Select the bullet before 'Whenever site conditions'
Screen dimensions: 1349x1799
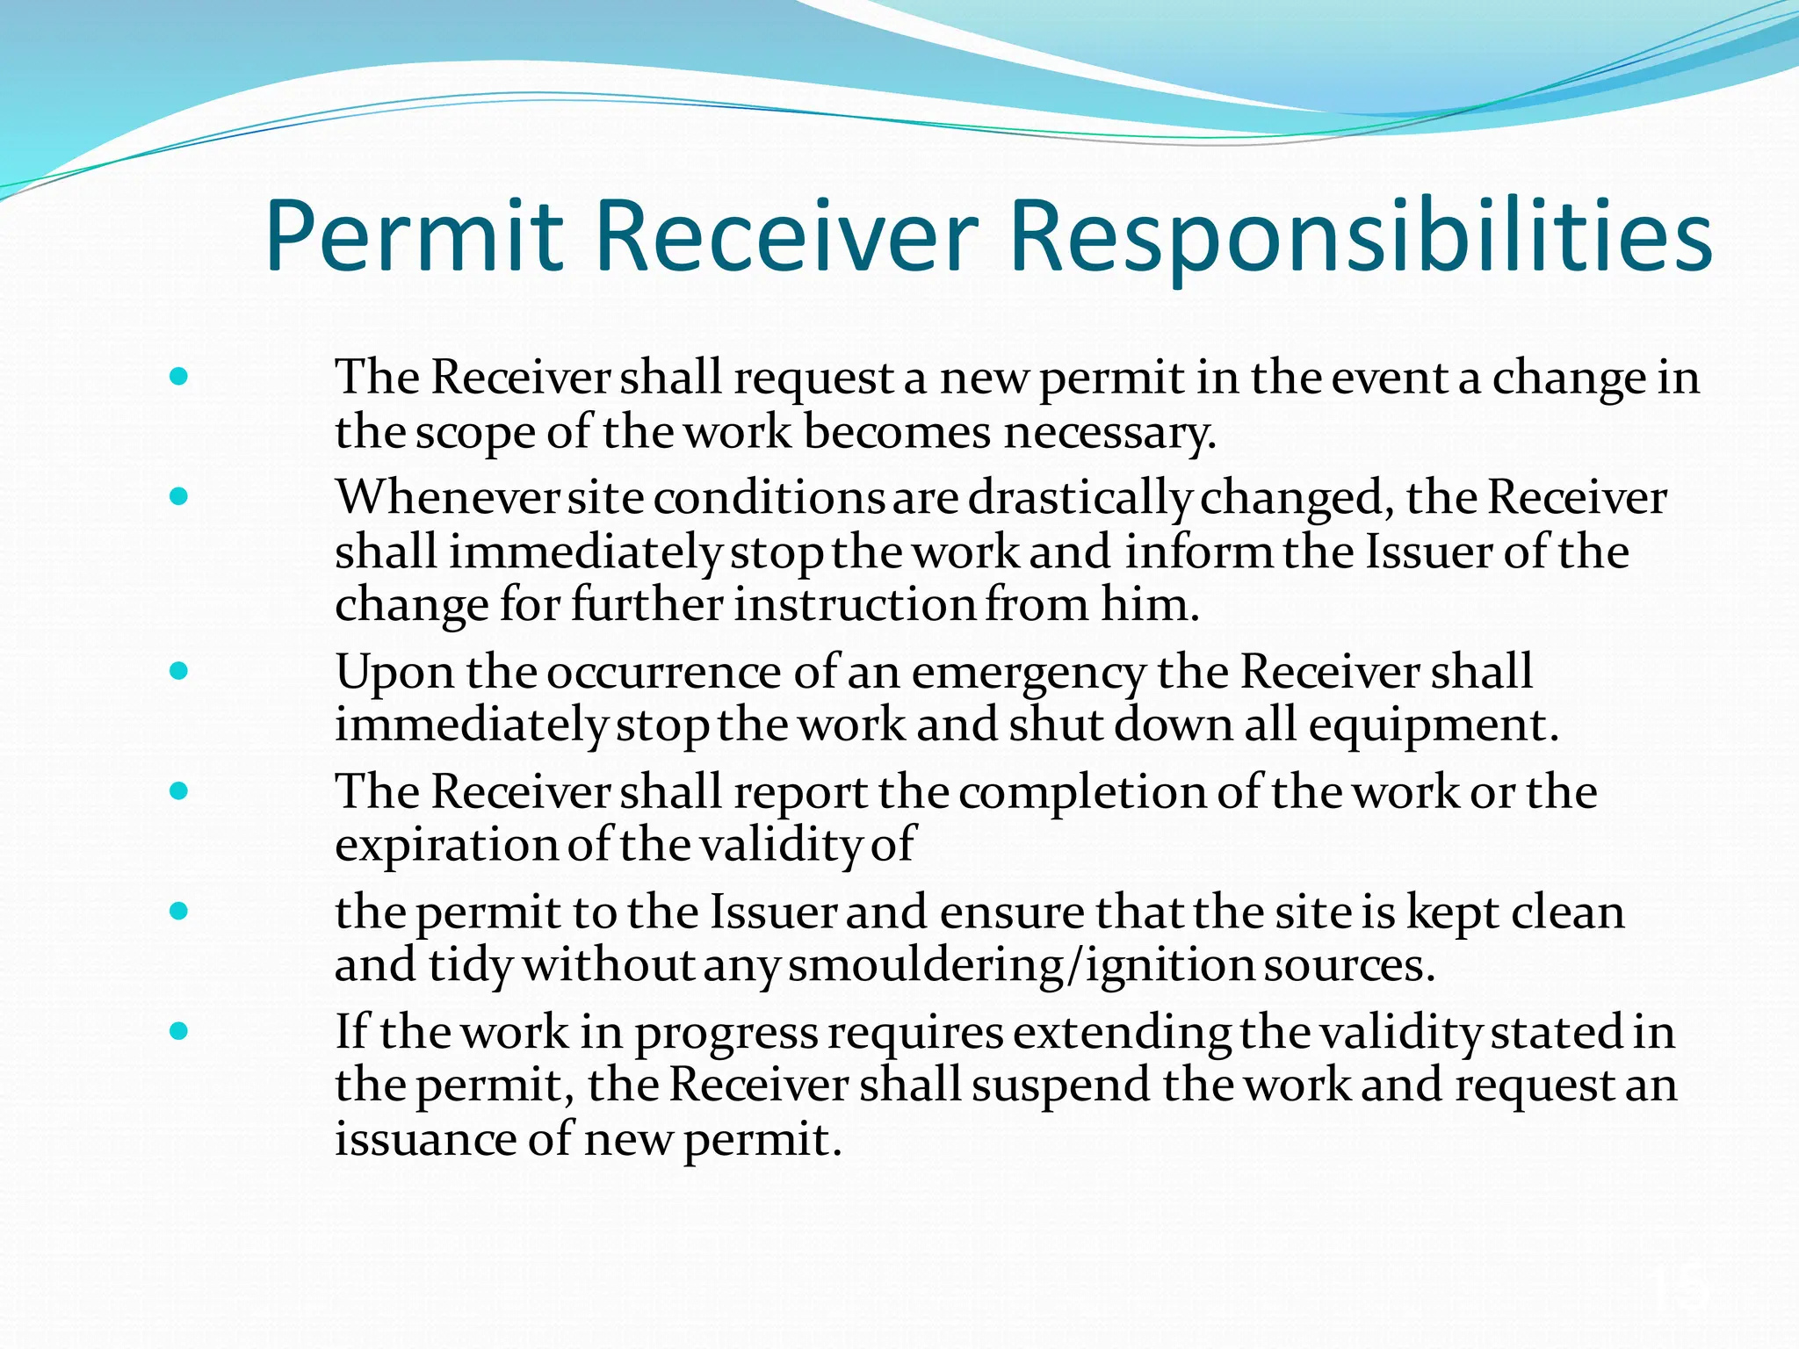click(x=179, y=497)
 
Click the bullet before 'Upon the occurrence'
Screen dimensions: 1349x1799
click(x=179, y=672)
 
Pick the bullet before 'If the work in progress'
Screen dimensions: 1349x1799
click(x=179, y=1031)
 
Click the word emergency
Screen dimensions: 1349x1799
click(x=1028, y=673)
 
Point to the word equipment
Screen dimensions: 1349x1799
click(x=1432, y=726)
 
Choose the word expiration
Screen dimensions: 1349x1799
click(x=446, y=846)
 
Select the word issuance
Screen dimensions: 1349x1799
click(x=425, y=1139)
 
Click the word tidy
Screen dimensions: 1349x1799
click(x=470, y=966)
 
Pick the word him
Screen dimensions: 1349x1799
click(x=1150, y=605)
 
